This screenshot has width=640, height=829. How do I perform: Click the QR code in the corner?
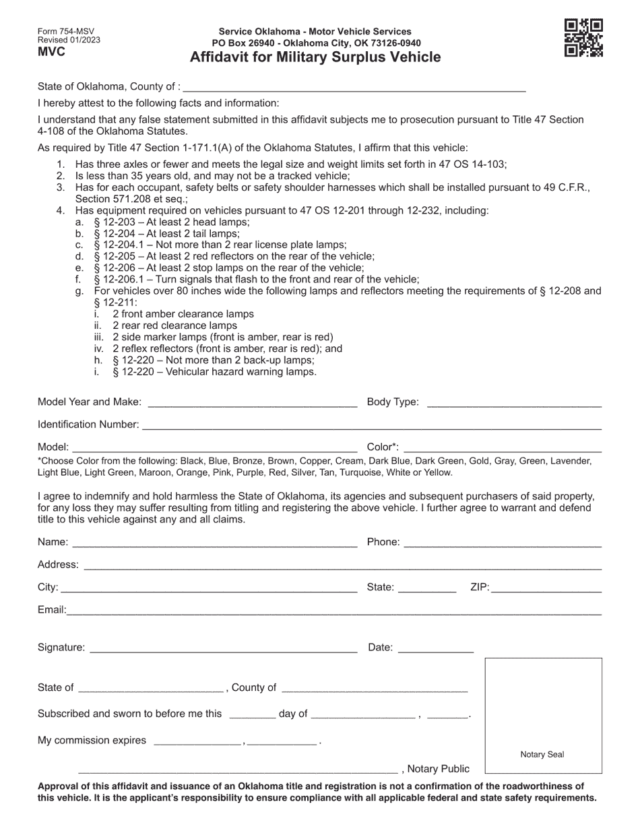[583, 38]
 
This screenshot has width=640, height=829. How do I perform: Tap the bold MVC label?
[51, 52]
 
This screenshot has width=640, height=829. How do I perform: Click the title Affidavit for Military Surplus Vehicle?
[315, 57]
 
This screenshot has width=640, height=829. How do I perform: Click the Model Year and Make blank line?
[252, 402]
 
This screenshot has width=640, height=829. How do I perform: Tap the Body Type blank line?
[514, 402]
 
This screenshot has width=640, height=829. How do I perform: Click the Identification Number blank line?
[372, 425]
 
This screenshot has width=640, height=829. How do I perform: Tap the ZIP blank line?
[546, 587]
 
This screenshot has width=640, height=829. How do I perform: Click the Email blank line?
[333, 610]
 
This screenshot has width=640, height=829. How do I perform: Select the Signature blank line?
[223, 648]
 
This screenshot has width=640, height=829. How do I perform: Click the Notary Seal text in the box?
[542, 755]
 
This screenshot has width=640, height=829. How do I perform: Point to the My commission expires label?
[92, 741]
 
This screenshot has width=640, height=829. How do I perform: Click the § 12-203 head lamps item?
[171, 222]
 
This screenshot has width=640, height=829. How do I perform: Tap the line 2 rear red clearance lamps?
[174, 326]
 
